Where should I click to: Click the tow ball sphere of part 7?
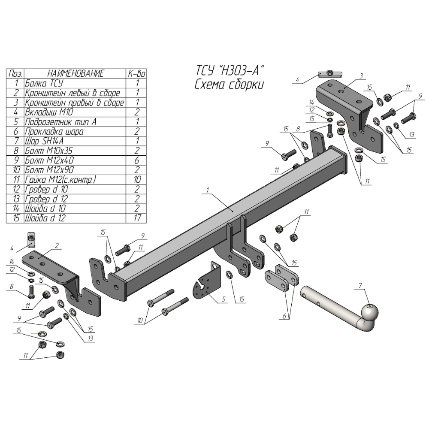point(370,312)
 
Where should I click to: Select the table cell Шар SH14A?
point(45,141)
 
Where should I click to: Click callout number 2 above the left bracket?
point(57,245)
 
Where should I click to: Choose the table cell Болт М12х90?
point(48,170)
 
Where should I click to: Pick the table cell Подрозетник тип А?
point(60,122)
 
